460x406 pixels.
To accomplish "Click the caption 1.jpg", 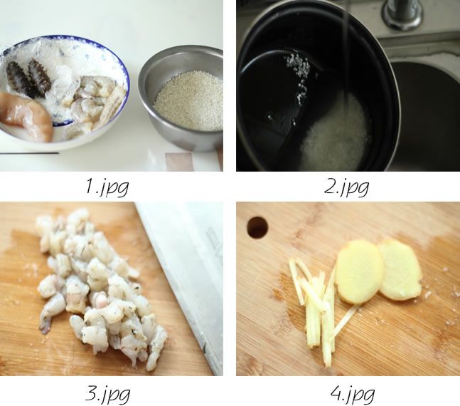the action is [107, 187].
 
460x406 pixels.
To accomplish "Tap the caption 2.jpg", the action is [346, 187].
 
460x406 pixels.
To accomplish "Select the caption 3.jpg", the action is [107, 394].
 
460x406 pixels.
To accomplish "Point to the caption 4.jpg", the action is [353, 394].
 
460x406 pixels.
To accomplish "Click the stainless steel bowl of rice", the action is [181, 97].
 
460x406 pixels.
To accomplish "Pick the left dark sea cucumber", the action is [17, 78].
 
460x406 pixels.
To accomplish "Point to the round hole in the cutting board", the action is [257, 227].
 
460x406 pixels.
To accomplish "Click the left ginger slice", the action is [359, 271].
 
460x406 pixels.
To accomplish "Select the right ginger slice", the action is [400, 269].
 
